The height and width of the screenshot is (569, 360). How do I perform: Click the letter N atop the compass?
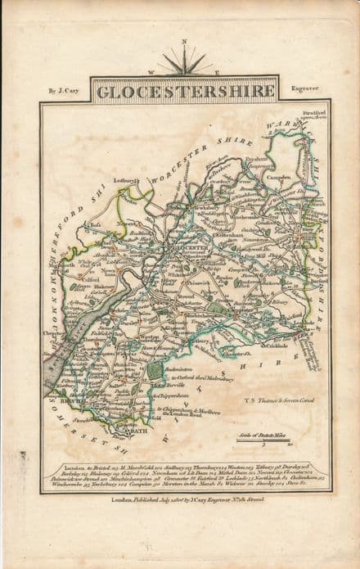[x=184, y=42]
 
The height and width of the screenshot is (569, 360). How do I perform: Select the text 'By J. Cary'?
[x=62, y=91]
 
